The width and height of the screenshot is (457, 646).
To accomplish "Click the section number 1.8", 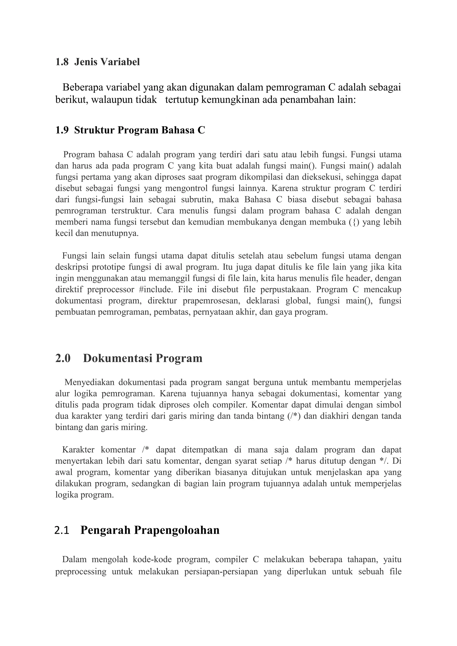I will (x=62, y=62).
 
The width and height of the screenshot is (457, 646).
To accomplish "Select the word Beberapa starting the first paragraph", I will (x=83, y=87).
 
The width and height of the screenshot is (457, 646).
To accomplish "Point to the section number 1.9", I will (x=62, y=130).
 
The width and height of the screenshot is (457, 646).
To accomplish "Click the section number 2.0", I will (x=63, y=358).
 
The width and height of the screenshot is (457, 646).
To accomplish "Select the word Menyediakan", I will (x=89, y=383).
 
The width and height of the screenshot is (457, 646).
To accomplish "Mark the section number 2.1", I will (x=62, y=530).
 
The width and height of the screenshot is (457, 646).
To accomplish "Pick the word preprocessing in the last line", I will (x=81, y=572).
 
